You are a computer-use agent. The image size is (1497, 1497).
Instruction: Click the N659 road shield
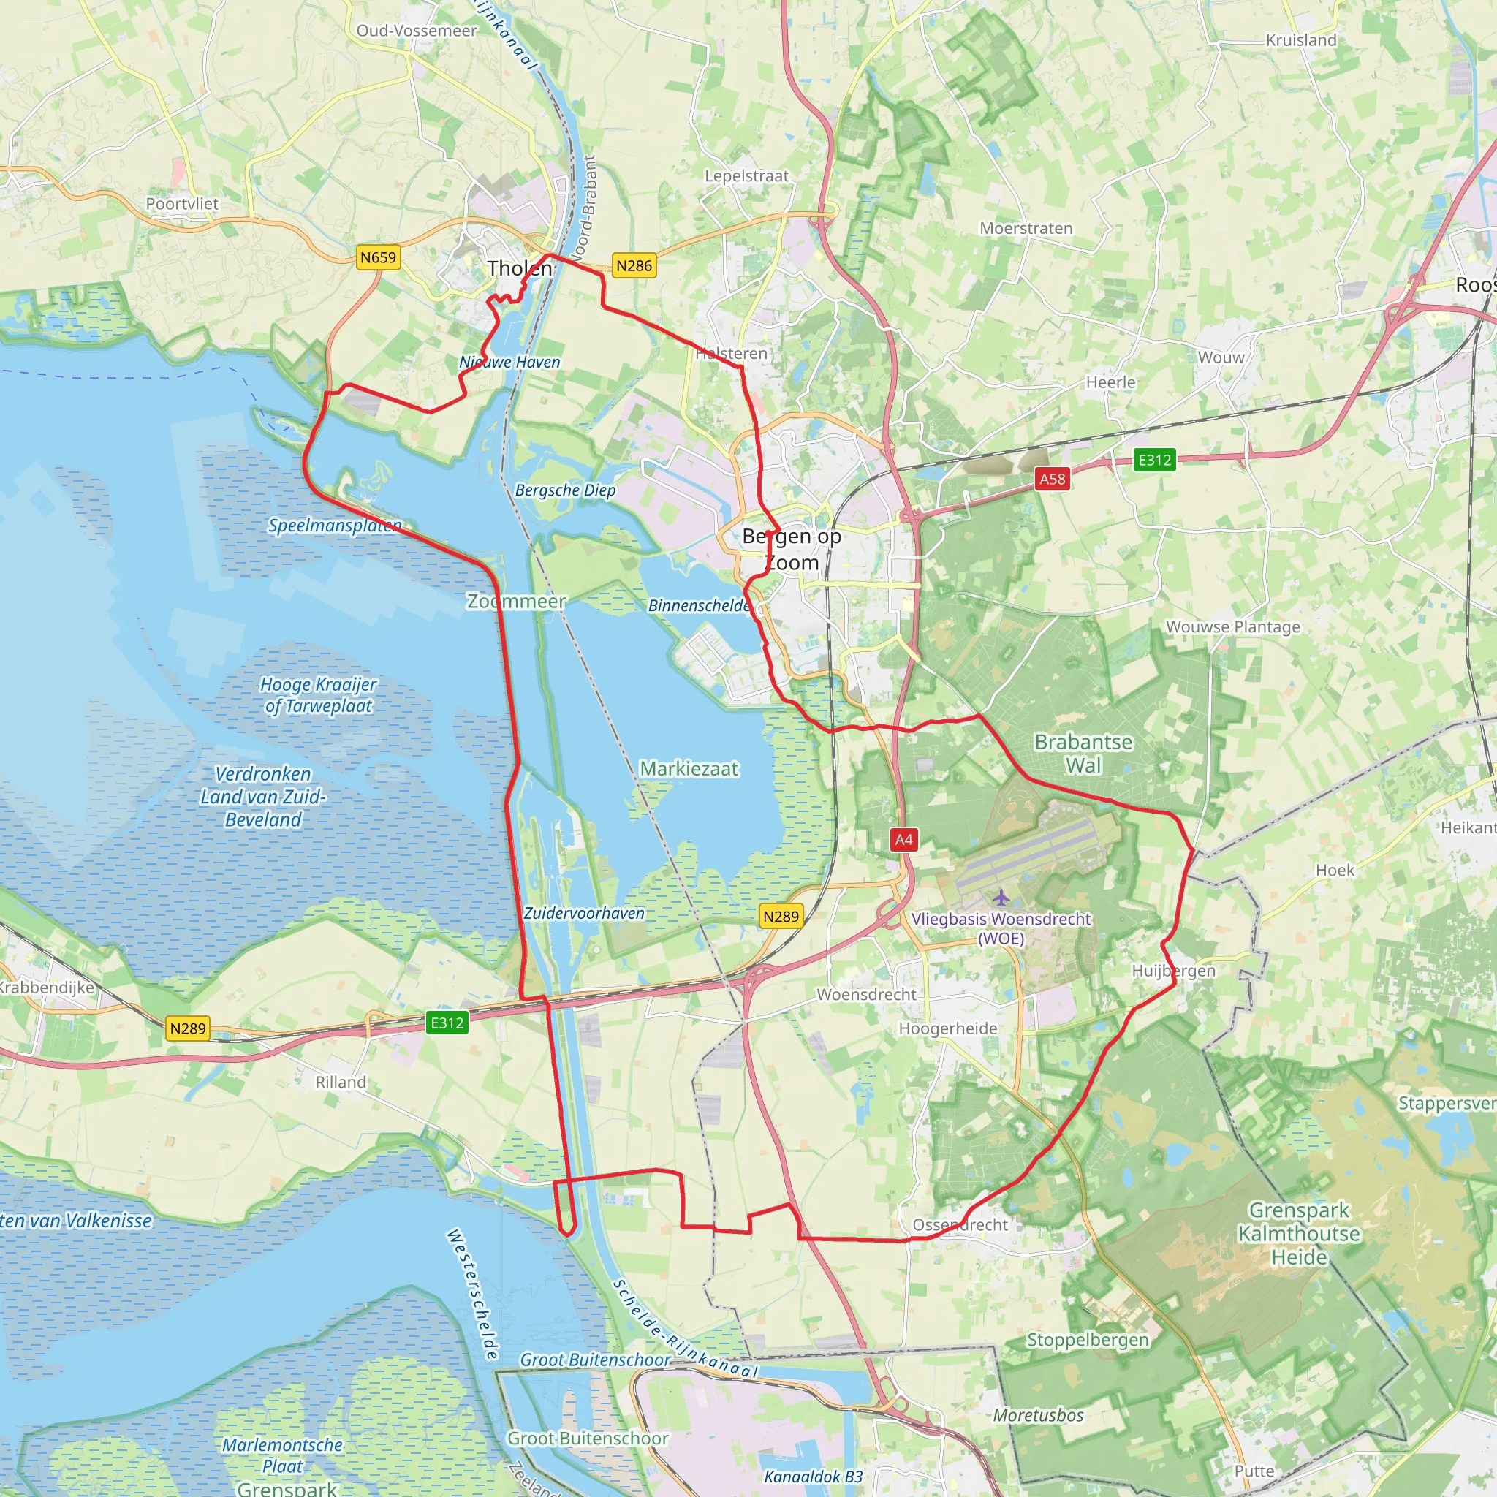(378, 257)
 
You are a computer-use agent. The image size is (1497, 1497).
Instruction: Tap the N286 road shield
(634, 266)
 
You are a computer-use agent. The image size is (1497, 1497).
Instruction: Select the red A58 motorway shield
(1053, 479)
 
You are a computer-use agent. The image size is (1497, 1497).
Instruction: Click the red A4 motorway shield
(903, 839)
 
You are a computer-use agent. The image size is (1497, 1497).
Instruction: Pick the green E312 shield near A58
(1153, 461)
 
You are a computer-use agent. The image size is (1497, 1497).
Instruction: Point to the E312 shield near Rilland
(447, 1023)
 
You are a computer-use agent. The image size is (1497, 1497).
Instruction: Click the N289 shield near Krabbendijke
(188, 1028)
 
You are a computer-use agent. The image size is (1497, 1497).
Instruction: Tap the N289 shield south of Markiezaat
(780, 917)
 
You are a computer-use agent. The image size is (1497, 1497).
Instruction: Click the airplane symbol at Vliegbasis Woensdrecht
(1001, 898)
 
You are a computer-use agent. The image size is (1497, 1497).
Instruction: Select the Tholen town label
(520, 269)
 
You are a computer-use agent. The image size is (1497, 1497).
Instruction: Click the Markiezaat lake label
(689, 769)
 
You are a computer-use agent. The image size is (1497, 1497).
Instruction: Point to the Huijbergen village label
(1173, 971)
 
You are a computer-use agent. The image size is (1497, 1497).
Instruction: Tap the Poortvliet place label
(182, 204)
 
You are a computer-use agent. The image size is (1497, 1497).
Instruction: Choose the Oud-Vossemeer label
(417, 30)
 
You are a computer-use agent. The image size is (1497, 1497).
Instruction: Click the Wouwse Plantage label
(1233, 627)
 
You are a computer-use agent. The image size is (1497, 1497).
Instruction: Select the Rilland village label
(340, 1082)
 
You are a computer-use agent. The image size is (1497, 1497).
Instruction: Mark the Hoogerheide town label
(947, 1028)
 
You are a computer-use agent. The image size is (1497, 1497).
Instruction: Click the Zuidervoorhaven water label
(583, 913)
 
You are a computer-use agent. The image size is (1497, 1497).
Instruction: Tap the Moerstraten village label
(1026, 228)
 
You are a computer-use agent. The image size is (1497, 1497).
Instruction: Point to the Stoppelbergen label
(1087, 1340)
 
